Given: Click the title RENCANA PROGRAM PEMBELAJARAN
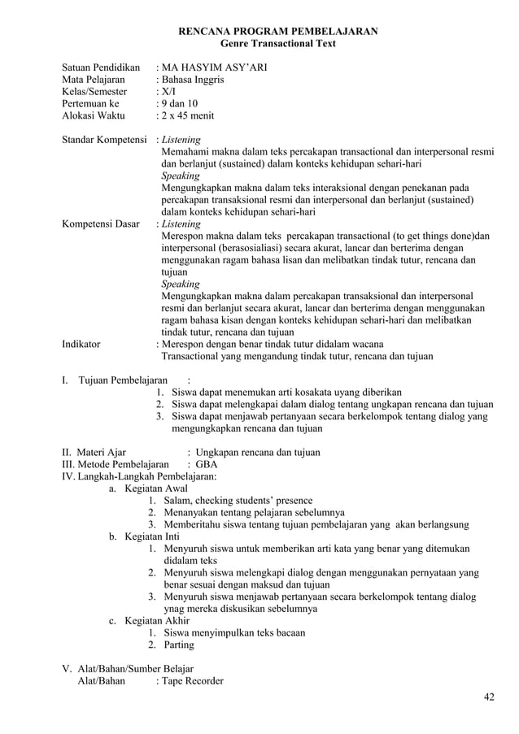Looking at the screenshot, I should coord(277,32).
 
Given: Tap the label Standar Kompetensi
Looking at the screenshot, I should coord(104,140).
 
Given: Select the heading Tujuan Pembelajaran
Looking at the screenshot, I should coord(123,379).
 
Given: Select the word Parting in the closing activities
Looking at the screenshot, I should coord(179,645).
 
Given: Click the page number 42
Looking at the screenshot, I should coord(489,697).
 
